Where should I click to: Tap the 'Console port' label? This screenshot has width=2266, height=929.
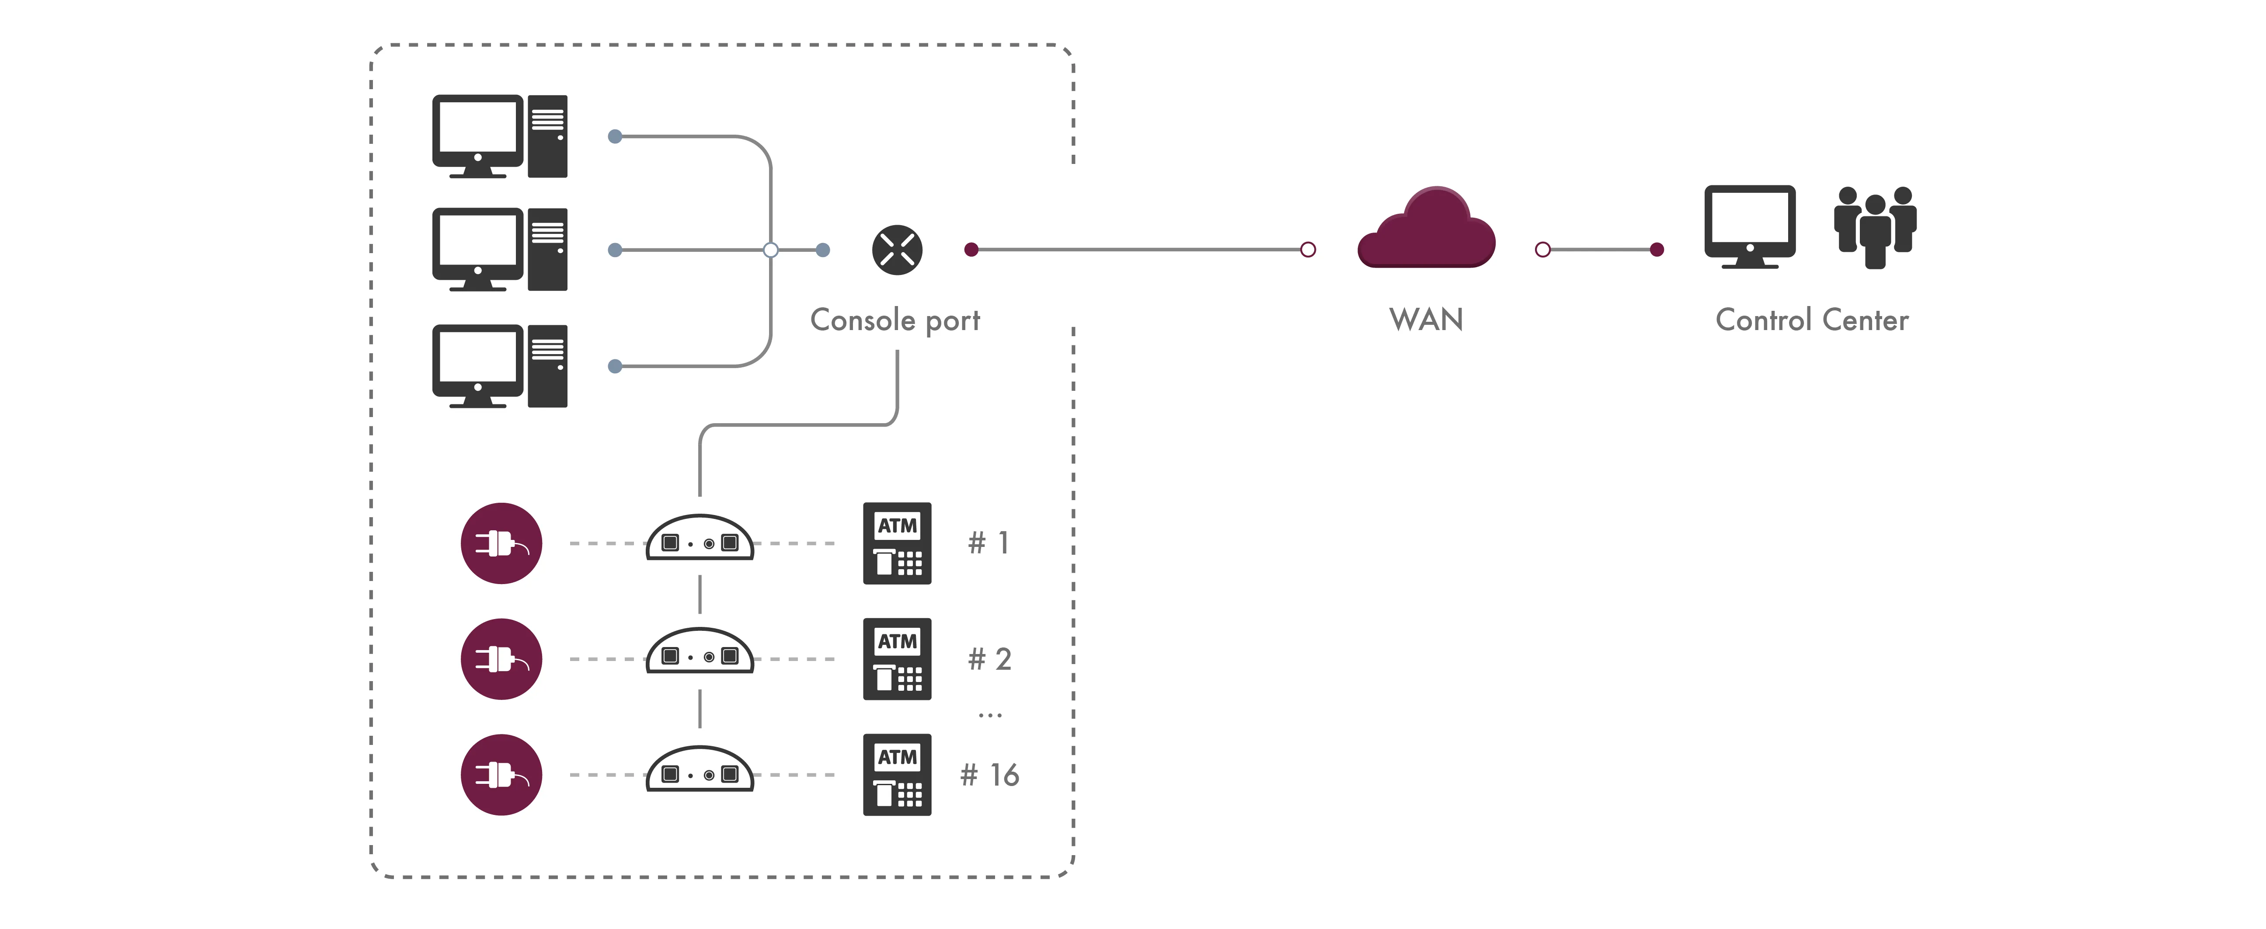click(x=895, y=320)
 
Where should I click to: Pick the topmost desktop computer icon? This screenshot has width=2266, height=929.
click(x=499, y=136)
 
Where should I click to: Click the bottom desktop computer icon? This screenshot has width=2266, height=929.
click(x=499, y=366)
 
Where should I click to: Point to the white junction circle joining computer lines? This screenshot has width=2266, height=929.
click(x=771, y=250)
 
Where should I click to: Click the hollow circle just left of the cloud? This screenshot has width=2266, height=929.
click(x=1308, y=250)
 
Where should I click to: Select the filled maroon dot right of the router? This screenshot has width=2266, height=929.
click(x=971, y=250)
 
